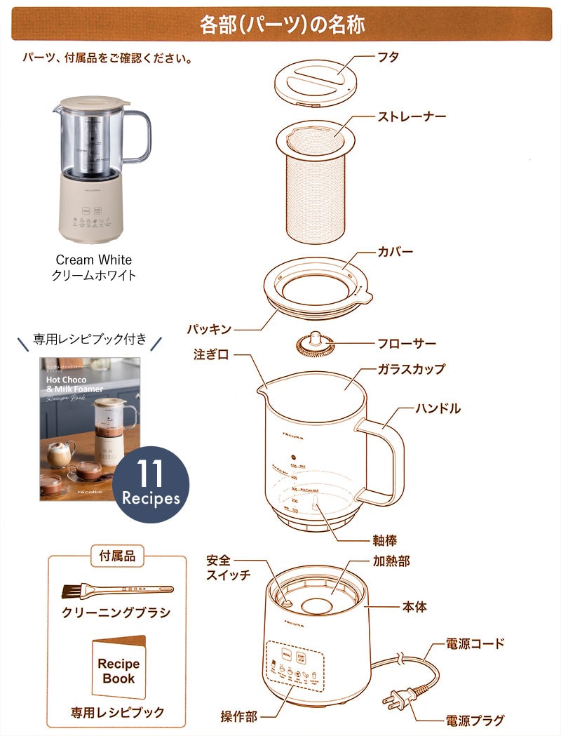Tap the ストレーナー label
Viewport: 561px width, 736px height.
coord(412,116)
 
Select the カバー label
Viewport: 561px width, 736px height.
coord(396,251)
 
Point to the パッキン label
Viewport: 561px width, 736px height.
coord(208,328)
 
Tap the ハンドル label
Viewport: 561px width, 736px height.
coord(438,408)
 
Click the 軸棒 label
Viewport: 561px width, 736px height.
coord(386,541)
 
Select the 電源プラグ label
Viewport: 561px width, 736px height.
coord(475,720)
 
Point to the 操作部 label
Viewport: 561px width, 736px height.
coord(238,716)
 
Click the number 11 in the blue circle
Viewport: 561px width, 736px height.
coord(150,475)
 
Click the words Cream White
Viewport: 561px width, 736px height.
coord(94,260)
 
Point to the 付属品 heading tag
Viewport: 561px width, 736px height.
coord(118,556)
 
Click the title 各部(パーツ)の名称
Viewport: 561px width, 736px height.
coord(282,25)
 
